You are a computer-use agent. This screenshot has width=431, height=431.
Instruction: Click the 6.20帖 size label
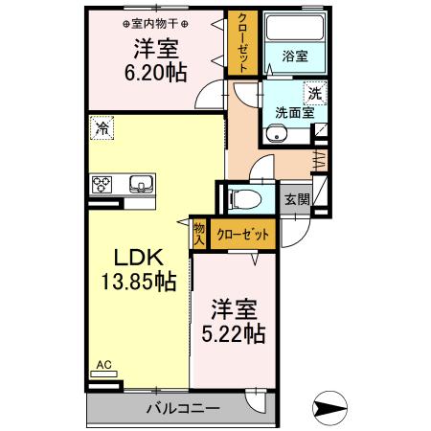point(155,72)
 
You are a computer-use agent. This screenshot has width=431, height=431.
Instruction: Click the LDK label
point(138,258)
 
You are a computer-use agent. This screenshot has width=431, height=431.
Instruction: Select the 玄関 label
point(298,200)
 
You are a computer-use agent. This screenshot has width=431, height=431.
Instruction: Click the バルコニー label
point(182,409)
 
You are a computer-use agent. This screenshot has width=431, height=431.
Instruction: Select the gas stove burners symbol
point(102,183)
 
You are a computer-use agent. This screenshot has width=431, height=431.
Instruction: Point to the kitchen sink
point(140,183)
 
